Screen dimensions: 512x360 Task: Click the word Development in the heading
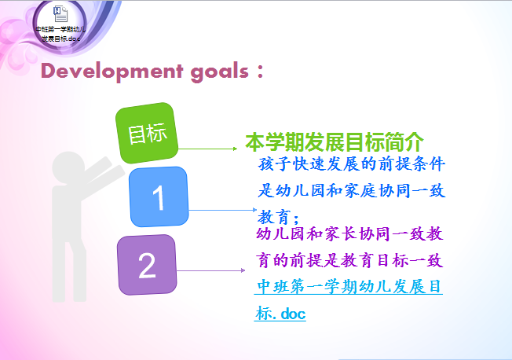tap(112, 72)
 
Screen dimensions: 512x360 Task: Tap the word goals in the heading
tap(219, 72)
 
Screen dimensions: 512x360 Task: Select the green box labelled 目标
tap(147, 133)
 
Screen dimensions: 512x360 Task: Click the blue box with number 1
tap(159, 197)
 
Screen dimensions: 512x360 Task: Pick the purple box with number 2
tap(147, 265)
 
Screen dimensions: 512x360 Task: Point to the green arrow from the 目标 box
tap(207, 149)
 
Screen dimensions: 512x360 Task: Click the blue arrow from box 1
tap(223, 210)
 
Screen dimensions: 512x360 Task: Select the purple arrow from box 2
tap(210, 270)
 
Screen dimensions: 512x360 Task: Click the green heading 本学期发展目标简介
tap(335, 142)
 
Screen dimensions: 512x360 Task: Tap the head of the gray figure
tap(68, 167)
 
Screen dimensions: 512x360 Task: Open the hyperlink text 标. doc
tap(280, 314)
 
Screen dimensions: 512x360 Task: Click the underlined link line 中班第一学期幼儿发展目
tap(349, 287)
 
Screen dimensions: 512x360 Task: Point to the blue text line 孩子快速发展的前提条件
tap(351, 163)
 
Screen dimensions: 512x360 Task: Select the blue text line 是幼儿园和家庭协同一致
tap(351, 191)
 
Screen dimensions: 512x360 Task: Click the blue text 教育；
tap(278, 217)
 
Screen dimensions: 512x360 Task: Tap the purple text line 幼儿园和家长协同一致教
tap(349, 234)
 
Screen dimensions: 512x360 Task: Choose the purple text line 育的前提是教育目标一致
tap(349, 261)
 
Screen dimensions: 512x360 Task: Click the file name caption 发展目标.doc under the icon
tap(60, 39)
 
